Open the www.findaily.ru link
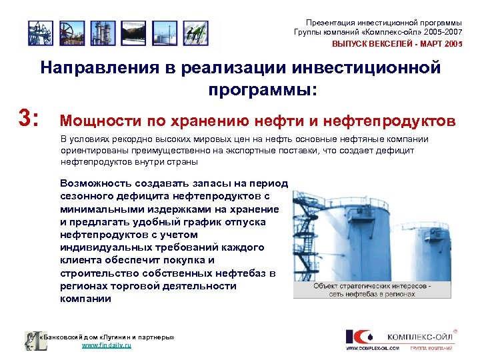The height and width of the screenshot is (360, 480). point(106,346)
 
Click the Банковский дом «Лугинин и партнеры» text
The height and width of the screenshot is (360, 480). point(107,337)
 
